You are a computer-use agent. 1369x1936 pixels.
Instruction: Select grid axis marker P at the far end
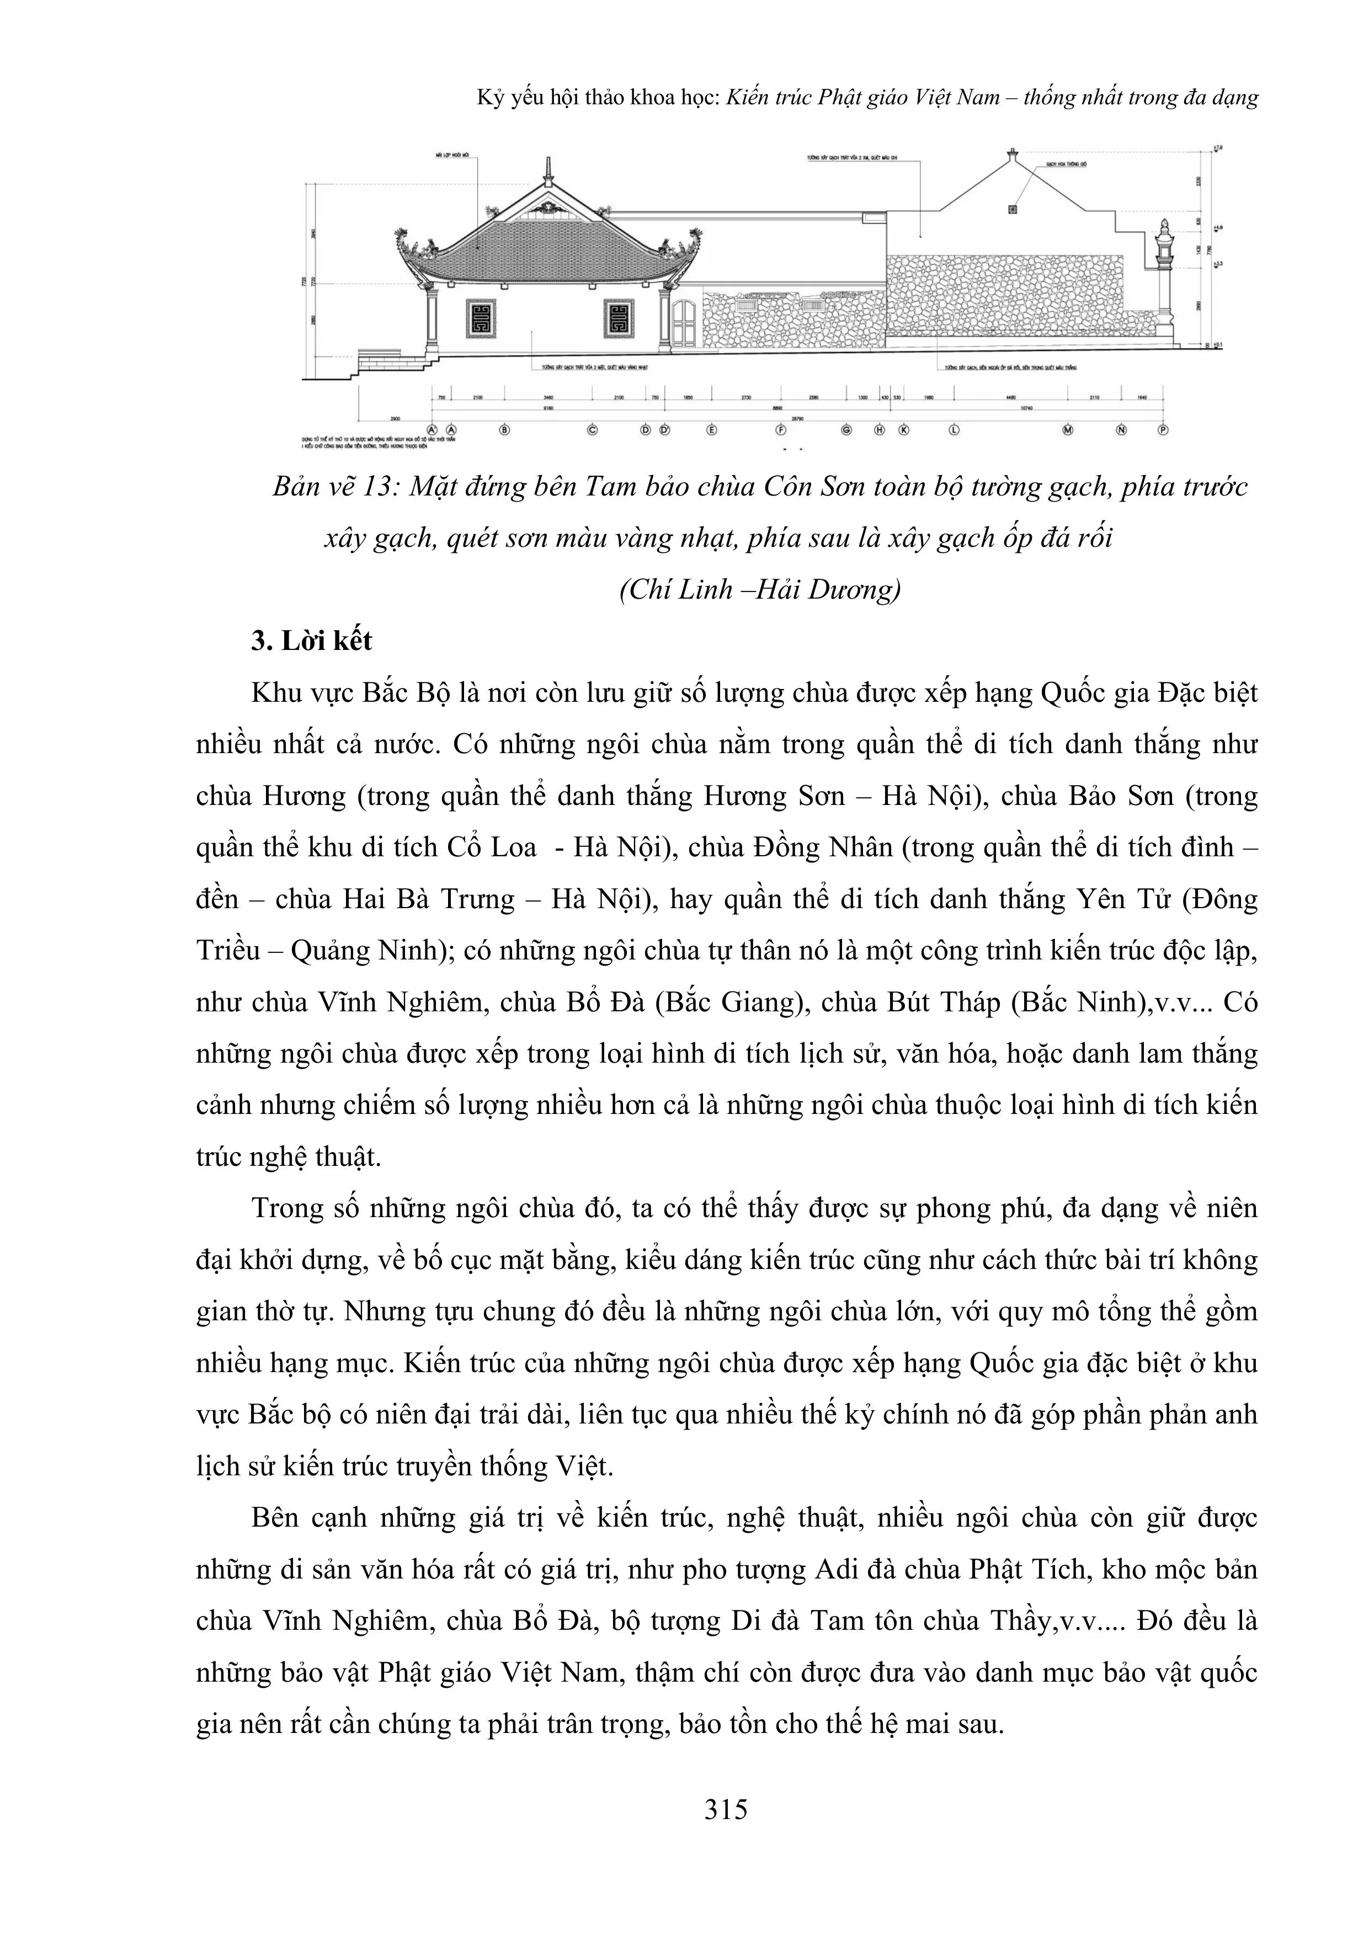pos(1163,429)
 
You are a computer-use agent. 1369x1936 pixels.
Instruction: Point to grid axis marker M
pos(1068,429)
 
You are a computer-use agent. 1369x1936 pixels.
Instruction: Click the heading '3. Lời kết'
pos(311,641)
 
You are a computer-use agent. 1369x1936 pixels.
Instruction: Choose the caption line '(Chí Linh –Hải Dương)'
pos(760,589)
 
